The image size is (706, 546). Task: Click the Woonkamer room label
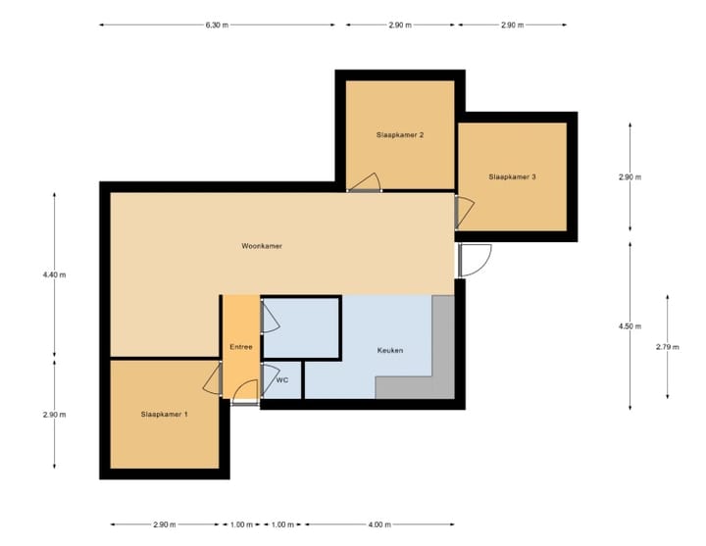262,246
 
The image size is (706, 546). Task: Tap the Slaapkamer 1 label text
164,415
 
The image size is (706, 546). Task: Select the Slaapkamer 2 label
400,134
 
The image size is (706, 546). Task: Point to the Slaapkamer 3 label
512,176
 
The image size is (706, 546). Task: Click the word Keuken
389,350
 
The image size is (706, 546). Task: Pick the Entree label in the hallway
240,347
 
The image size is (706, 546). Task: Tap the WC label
281,379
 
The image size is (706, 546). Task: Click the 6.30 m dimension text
217,25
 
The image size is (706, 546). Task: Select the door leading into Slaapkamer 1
213,380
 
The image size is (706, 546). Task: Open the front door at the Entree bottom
243,393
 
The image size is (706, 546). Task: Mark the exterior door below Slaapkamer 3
475,260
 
